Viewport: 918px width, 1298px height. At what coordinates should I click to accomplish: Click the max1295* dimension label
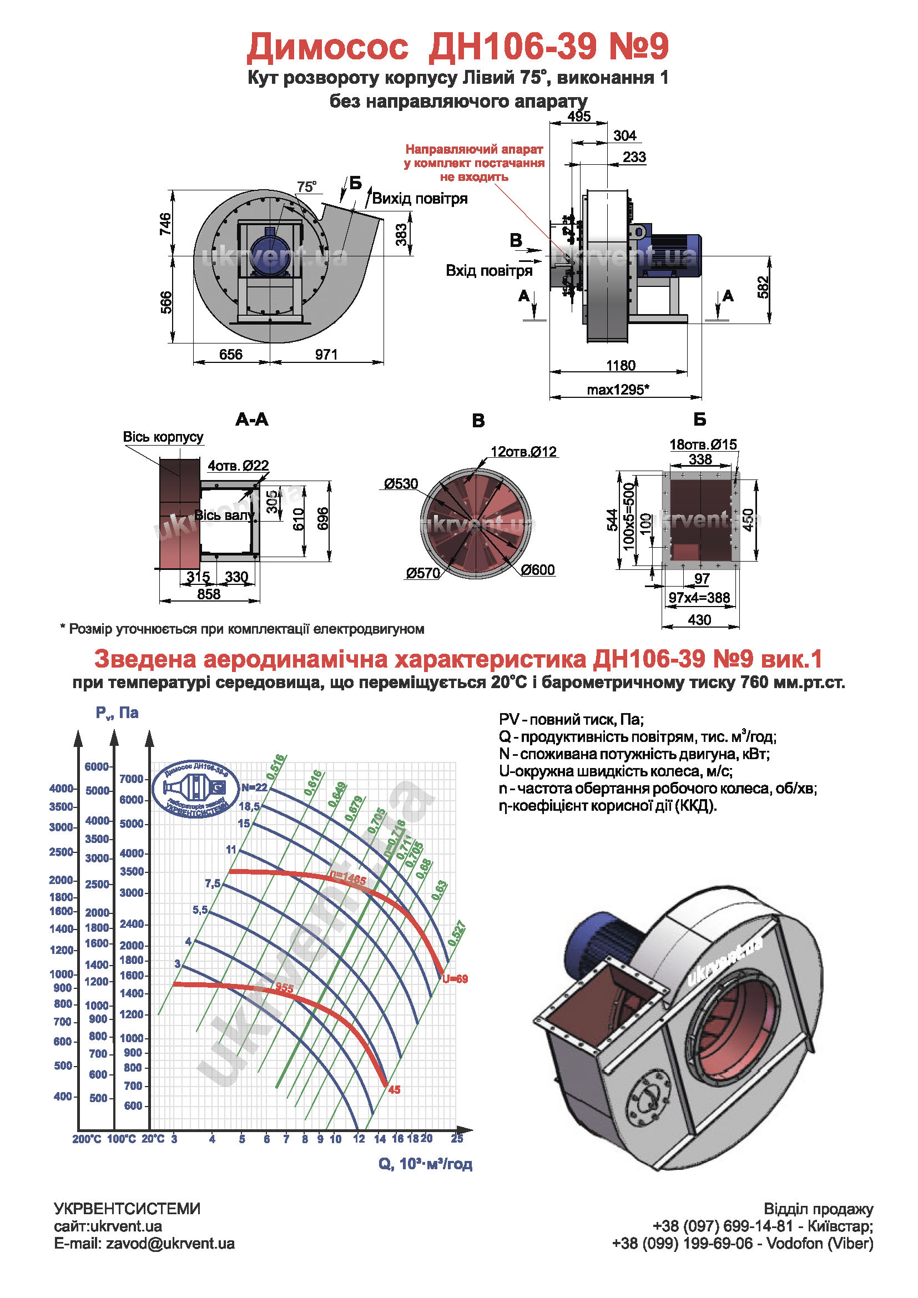click(x=618, y=390)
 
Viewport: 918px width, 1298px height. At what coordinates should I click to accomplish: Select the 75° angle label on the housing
click(x=307, y=186)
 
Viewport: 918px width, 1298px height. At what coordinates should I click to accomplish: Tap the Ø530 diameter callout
click(x=401, y=484)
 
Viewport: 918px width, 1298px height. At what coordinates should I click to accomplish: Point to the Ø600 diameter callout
click(x=538, y=570)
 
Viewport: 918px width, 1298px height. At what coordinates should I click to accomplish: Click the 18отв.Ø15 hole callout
click(x=703, y=445)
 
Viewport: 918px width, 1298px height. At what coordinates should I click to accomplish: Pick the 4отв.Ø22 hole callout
click(x=238, y=465)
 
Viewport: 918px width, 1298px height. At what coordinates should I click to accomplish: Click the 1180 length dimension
click(x=621, y=365)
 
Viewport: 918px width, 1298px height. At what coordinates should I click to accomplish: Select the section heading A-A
click(x=252, y=420)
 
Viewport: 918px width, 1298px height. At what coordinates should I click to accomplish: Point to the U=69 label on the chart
click(x=455, y=978)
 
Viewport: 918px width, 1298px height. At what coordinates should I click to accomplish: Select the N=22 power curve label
click(x=254, y=787)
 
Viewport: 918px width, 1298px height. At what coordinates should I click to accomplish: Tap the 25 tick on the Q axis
click(x=457, y=1138)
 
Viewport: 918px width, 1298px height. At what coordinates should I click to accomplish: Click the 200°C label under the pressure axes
click(x=87, y=1139)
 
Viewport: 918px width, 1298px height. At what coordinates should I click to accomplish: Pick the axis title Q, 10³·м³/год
click(x=425, y=1164)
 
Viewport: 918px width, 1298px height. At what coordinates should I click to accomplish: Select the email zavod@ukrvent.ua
click(x=144, y=1244)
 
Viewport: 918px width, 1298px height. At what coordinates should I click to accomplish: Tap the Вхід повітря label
click(x=489, y=271)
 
